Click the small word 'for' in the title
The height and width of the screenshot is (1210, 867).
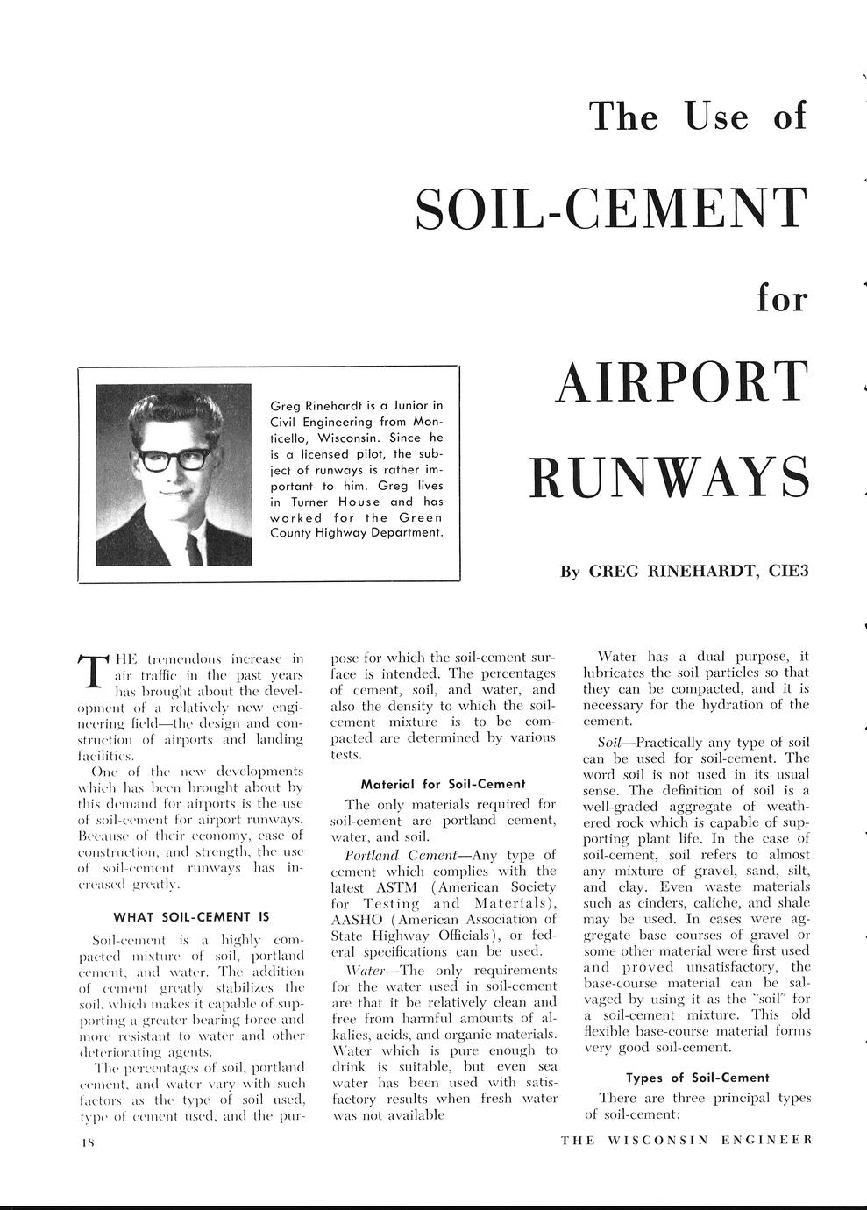[781, 298]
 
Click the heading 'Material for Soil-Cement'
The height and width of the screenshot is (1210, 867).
[443, 783]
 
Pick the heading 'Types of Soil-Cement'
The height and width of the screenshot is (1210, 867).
[697, 1077]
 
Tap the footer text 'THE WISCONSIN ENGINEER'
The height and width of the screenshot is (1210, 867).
[686, 1140]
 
